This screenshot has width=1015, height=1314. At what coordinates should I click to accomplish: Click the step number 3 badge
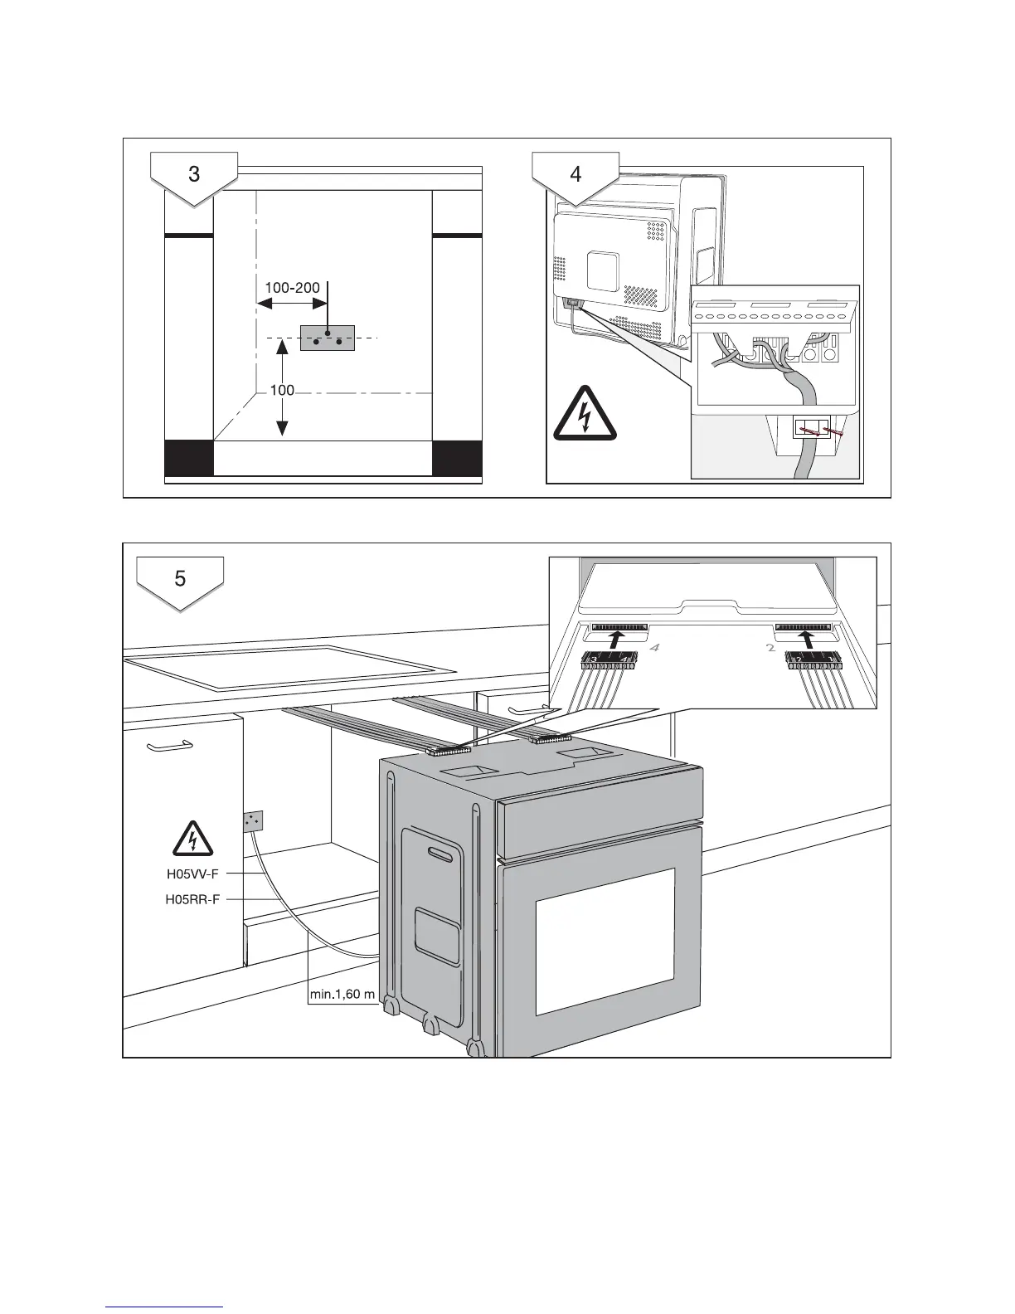(194, 176)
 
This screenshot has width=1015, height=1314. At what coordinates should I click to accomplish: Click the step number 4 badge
(576, 176)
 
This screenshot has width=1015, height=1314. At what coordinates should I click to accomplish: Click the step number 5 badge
(181, 580)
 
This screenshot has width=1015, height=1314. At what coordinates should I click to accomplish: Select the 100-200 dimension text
(292, 288)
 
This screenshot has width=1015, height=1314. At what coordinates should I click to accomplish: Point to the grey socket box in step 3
(327, 338)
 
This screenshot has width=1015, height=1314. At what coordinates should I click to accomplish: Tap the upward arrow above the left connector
(614, 640)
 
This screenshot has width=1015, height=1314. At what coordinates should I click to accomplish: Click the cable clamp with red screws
(813, 430)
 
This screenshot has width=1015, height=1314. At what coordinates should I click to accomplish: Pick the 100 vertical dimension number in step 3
(282, 390)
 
